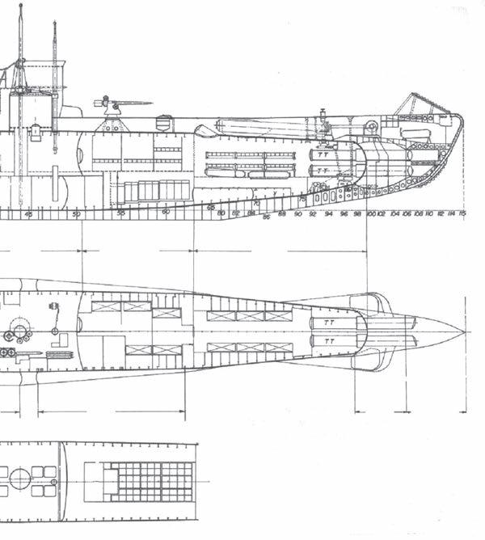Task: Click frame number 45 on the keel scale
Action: coord(29,213)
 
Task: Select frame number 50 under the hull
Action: coord(77,213)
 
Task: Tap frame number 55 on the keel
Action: coord(120,213)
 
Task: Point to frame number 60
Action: coord(166,212)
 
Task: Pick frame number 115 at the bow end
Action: coord(462,214)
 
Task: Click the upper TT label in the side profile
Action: coord(323,153)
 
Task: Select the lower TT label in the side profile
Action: coord(323,170)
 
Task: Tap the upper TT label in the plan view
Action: coord(327,321)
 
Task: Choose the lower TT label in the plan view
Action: coord(327,340)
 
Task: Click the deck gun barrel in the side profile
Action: coord(134,103)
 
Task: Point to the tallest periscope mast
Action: coord(20,40)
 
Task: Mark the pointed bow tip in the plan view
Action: coord(462,331)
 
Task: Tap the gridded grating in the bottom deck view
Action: coord(151,481)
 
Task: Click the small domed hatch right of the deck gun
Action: coord(165,123)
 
